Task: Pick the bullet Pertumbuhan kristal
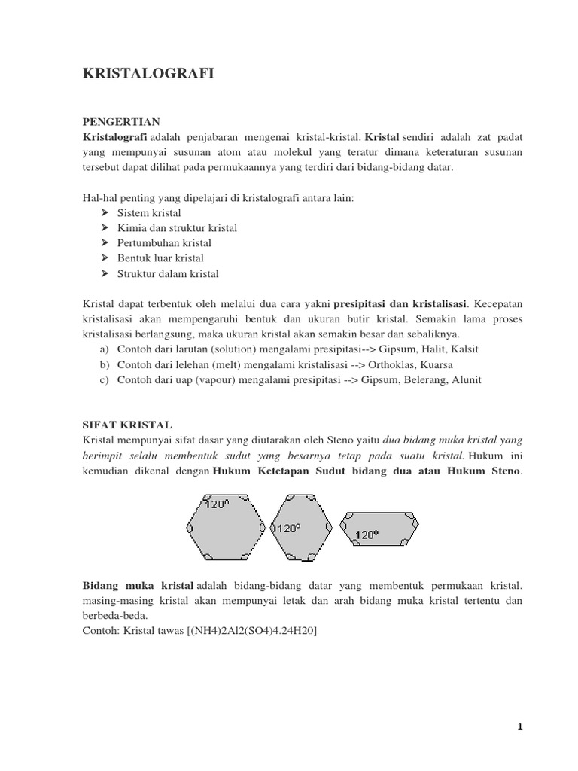click(164, 243)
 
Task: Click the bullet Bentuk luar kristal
click(160, 258)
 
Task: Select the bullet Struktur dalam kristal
click(168, 273)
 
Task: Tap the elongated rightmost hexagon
click(379, 527)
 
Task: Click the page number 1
click(519, 727)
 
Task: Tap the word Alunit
click(464, 380)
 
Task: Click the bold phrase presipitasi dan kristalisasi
click(400, 304)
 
